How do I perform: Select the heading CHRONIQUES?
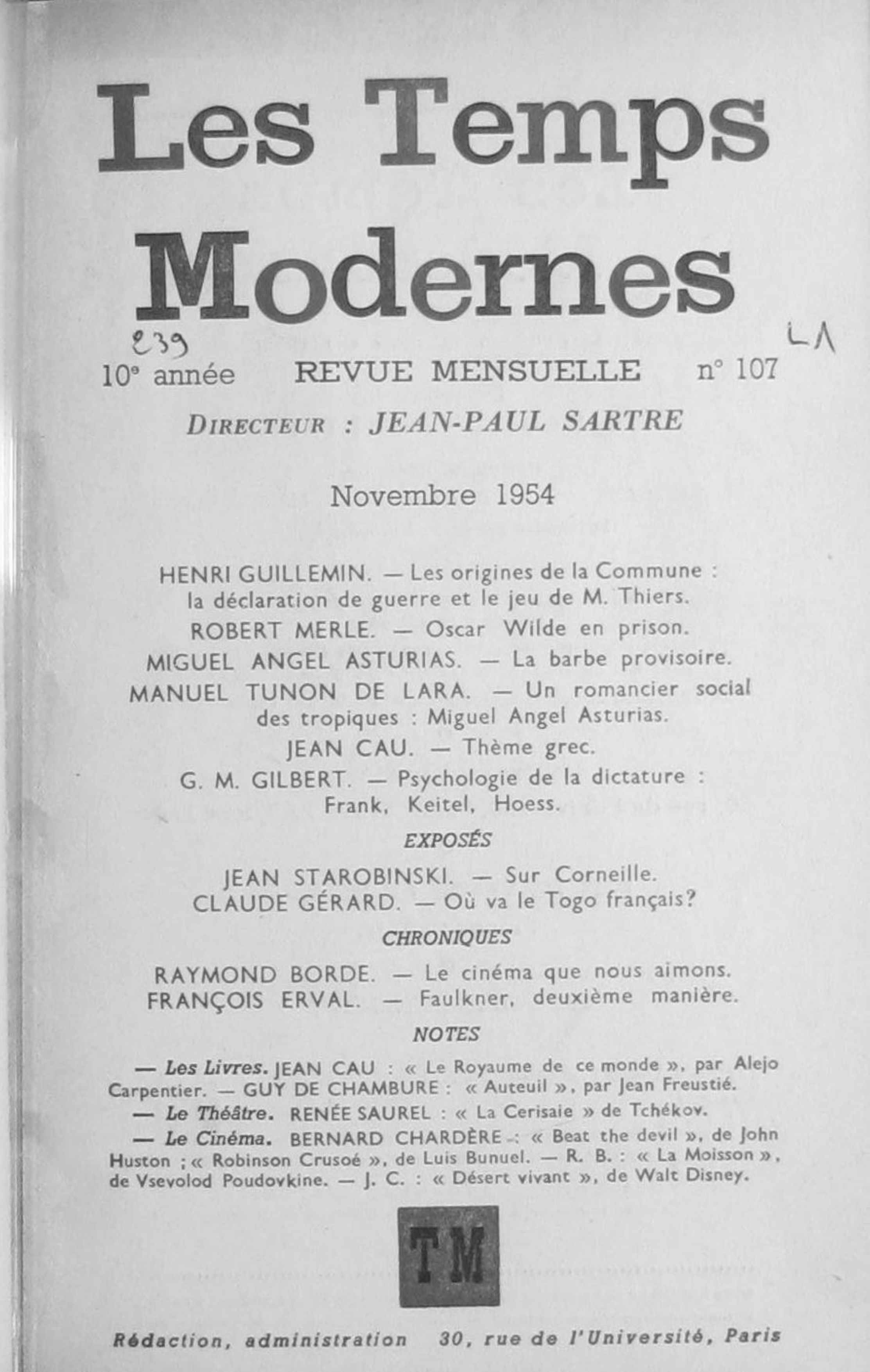click(447, 938)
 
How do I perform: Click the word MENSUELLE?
click(536, 372)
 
